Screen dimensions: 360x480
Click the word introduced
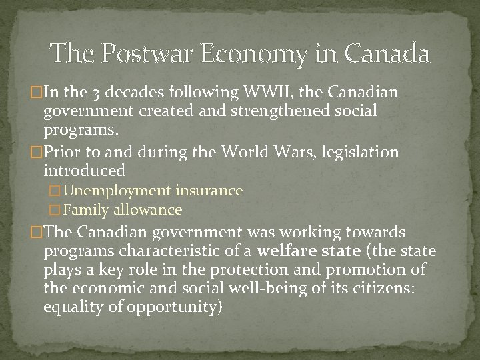pyautogui.click(x=84, y=171)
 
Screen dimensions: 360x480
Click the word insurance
pyautogui.click(x=209, y=191)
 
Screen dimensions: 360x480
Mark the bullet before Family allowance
pyautogui.click(x=56, y=211)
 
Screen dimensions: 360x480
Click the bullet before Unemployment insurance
pyautogui.click(x=56, y=191)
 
